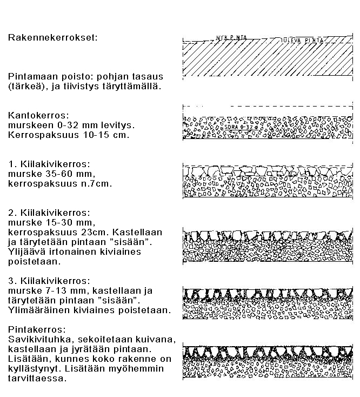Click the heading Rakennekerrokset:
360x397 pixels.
(54, 38)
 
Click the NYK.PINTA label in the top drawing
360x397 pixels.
(229, 38)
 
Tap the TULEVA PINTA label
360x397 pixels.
(303, 41)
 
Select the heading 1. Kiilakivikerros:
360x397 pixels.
(49, 163)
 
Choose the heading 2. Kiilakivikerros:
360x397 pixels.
(49, 212)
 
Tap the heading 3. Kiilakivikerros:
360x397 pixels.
(49, 281)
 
